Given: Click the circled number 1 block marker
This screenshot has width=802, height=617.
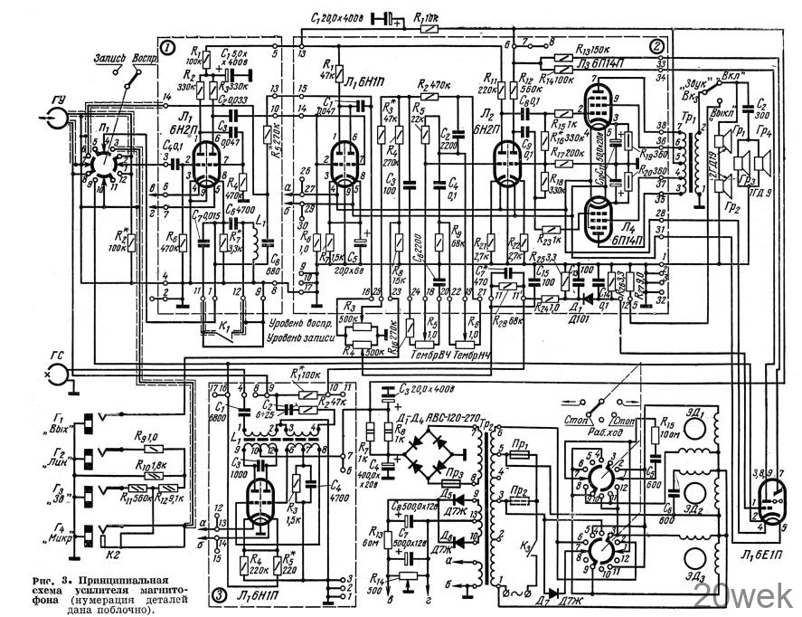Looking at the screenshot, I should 166,46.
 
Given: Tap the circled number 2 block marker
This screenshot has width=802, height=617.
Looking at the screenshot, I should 657,45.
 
